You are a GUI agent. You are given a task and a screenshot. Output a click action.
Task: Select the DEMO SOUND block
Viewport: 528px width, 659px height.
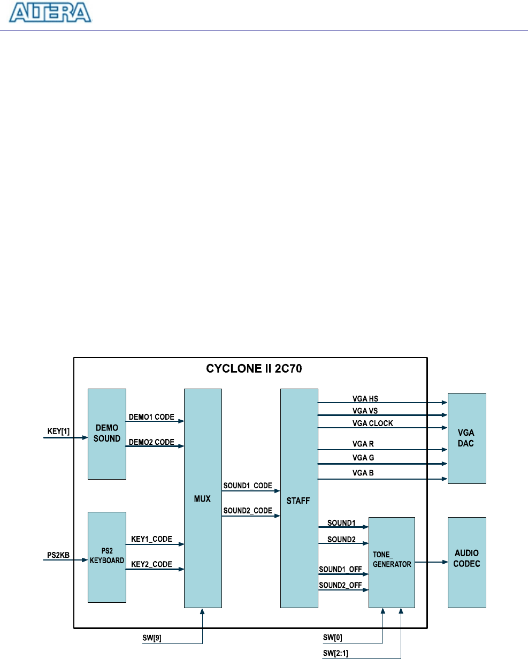(x=107, y=434)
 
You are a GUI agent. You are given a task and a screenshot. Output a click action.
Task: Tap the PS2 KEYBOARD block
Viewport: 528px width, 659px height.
(x=107, y=556)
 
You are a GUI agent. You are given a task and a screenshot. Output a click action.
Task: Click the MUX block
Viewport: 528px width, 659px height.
(x=203, y=498)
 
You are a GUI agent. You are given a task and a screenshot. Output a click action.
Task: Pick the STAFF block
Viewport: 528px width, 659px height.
(x=299, y=498)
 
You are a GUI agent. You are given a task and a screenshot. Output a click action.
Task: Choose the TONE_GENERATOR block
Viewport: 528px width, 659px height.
(x=392, y=562)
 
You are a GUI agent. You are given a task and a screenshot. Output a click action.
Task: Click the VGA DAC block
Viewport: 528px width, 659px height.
(x=466, y=438)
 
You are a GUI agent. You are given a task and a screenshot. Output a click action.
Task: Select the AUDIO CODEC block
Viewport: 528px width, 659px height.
(x=466, y=562)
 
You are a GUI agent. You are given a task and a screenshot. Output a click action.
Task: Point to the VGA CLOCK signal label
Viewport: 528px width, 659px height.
(x=372, y=422)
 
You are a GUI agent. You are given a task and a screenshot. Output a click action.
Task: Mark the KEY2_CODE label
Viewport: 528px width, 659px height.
(x=152, y=564)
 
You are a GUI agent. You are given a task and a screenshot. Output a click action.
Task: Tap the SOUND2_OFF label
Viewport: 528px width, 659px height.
(x=340, y=585)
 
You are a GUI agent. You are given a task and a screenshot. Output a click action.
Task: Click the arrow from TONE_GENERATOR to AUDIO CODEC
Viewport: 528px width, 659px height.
(x=431, y=562)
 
